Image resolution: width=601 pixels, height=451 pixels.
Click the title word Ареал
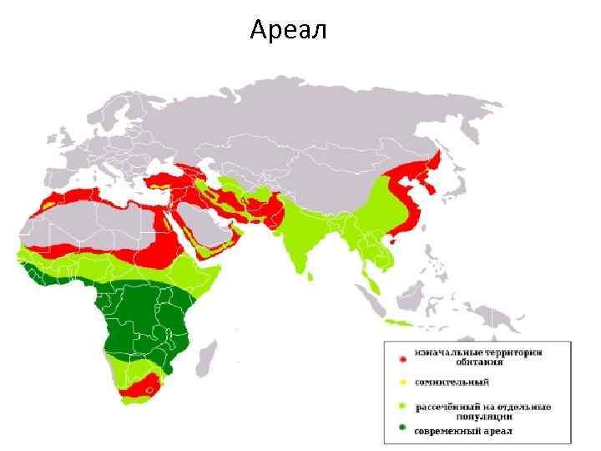[x=289, y=31]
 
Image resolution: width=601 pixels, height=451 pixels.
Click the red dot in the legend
[x=402, y=358]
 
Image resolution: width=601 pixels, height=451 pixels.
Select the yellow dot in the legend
[x=402, y=383]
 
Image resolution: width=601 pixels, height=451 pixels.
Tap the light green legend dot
[x=402, y=408]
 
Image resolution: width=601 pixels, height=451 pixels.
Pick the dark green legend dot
[x=402, y=429]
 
